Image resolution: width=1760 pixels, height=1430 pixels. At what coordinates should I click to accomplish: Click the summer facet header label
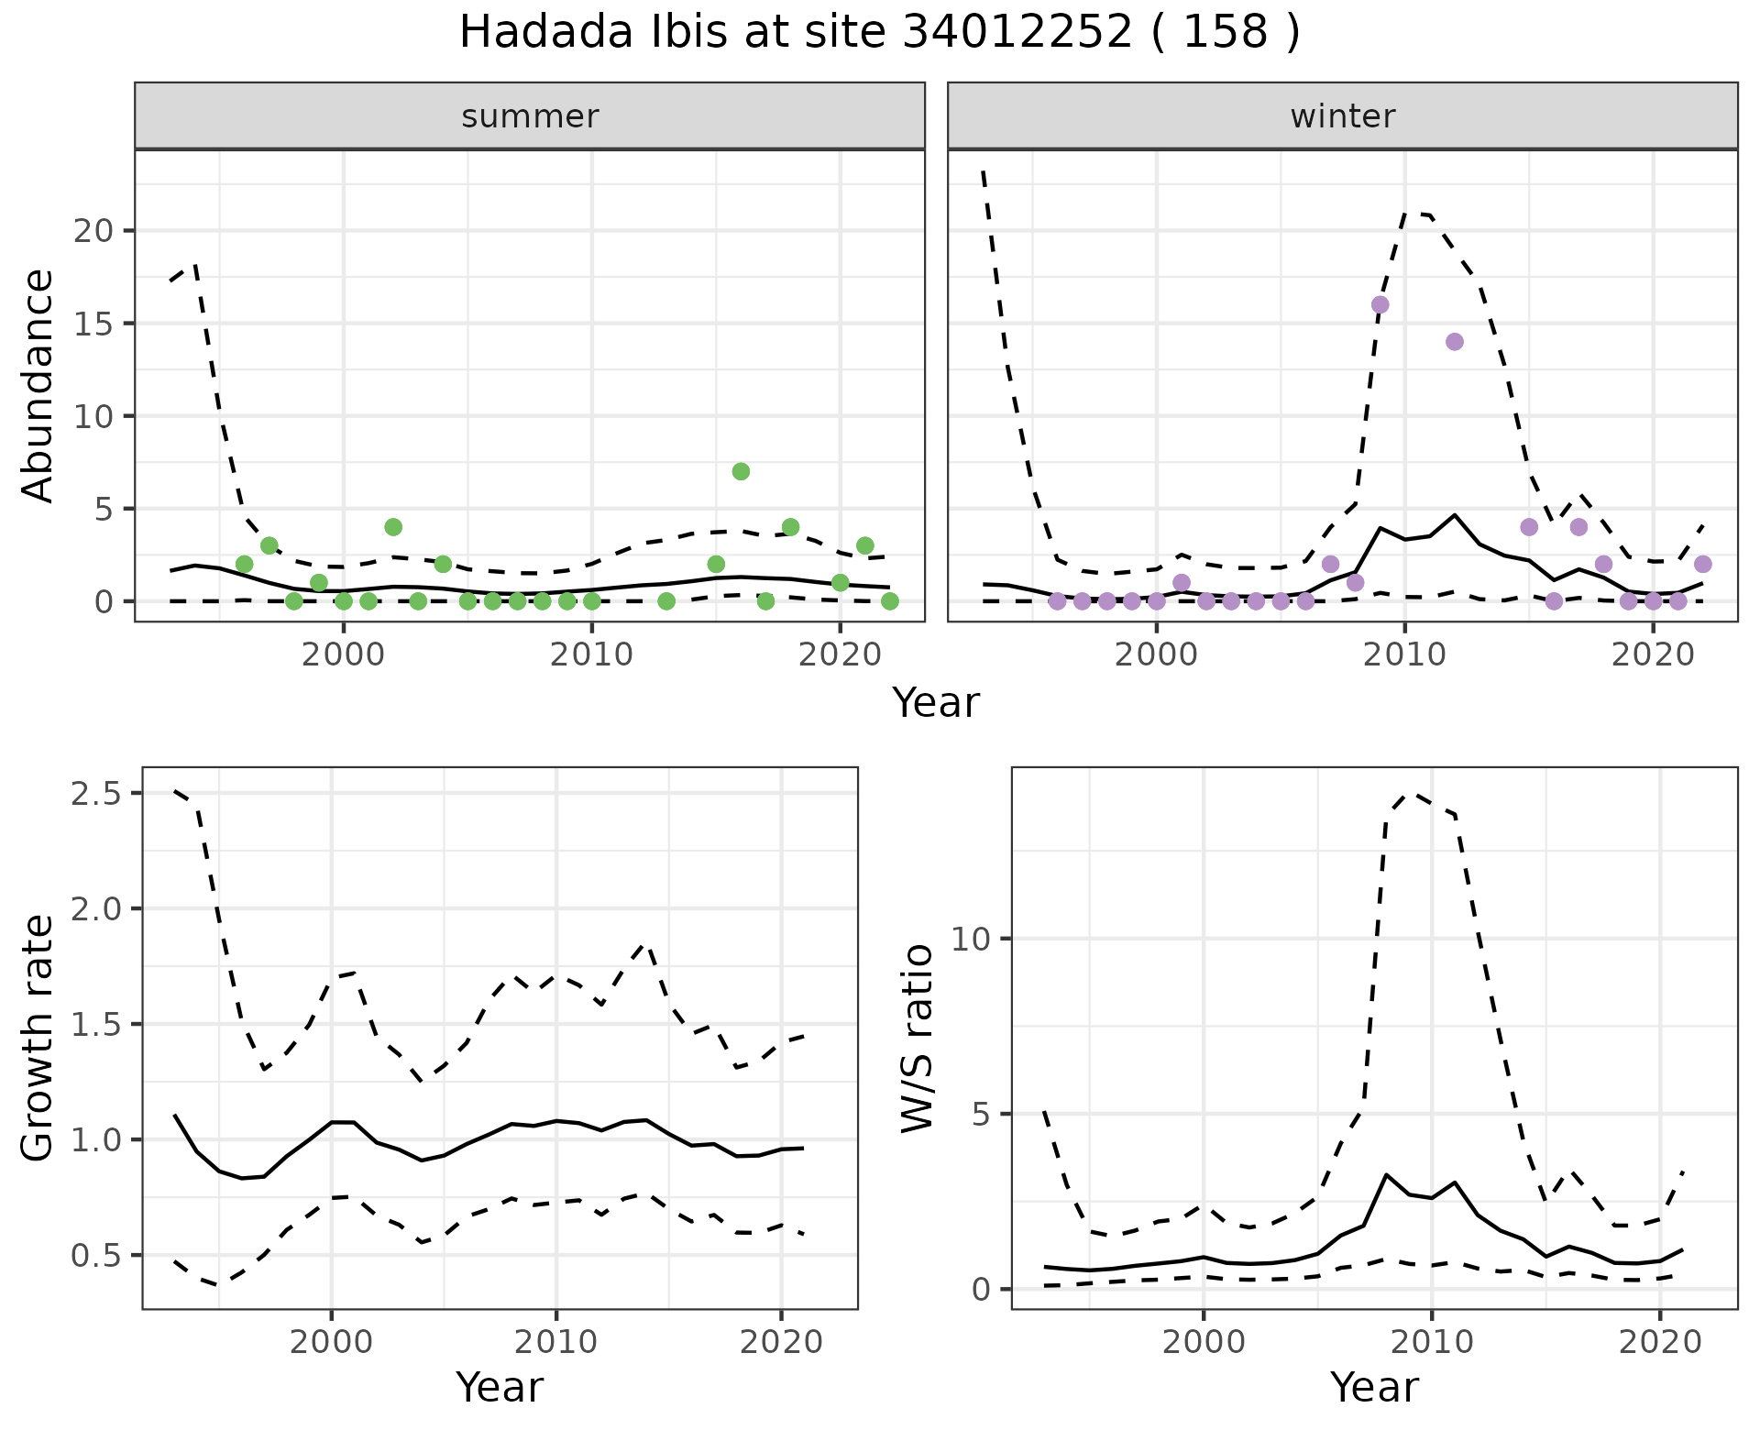pos(530,116)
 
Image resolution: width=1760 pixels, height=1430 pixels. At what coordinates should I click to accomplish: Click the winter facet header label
pos(1342,116)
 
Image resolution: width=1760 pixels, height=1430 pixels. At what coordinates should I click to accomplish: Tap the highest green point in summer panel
pos(741,471)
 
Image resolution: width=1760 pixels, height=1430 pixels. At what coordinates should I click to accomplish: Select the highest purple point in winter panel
pos(1380,304)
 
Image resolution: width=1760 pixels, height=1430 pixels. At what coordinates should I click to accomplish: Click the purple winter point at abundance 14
pos(1454,342)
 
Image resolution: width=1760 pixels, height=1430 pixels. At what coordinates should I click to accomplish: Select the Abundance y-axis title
pos(38,386)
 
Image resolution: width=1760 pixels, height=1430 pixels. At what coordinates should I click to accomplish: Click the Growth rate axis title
pos(38,1039)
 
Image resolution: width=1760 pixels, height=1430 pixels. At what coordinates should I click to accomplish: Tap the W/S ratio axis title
pos(918,1039)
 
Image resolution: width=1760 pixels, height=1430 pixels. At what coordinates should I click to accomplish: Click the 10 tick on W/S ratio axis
pos(970,939)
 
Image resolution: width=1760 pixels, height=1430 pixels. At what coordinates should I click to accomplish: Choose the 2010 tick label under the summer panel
pos(591,655)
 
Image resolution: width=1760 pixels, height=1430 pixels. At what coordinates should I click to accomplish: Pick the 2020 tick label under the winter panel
pos(1652,655)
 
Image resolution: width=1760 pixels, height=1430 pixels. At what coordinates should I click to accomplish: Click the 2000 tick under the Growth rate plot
pos(331,1343)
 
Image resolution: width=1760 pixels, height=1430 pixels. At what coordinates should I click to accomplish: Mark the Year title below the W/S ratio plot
pos(1374,1387)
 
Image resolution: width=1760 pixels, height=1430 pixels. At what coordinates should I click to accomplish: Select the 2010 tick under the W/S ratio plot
pos(1431,1343)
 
